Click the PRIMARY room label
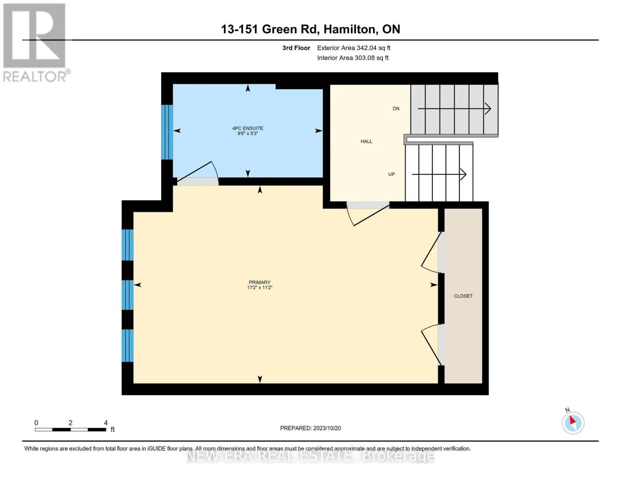point(259,282)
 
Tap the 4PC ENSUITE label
point(248,128)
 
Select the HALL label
point(366,141)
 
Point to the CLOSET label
point(463,296)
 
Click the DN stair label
point(396,108)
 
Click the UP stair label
point(391,174)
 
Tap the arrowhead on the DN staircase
point(488,109)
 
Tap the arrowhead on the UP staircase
point(463,174)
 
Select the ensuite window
point(167,132)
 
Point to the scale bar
point(70,429)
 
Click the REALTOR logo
point(36,43)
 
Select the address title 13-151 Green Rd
point(310,29)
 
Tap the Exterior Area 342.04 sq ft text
point(353,48)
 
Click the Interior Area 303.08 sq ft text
point(353,58)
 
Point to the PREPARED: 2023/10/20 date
point(310,428)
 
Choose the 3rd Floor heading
point(296,48)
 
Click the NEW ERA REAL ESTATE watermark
point(310,456)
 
